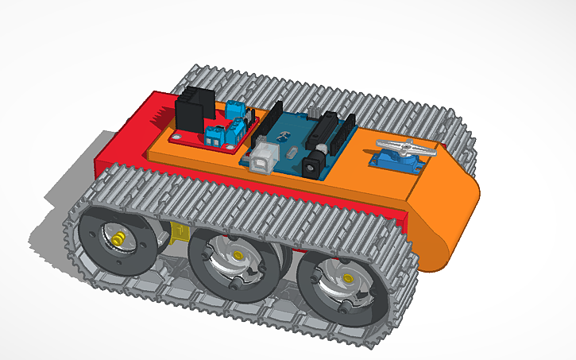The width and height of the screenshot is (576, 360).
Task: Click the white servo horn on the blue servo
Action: click(x=404, y=147)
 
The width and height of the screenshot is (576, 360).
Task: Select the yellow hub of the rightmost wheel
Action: click(x=346, y=278)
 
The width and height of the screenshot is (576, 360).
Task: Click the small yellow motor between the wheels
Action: click(x=180, y=233)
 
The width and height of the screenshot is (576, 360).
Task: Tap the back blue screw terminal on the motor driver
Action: click(x=236, y=109)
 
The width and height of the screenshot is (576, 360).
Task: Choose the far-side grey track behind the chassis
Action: click(x=318, y=91)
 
